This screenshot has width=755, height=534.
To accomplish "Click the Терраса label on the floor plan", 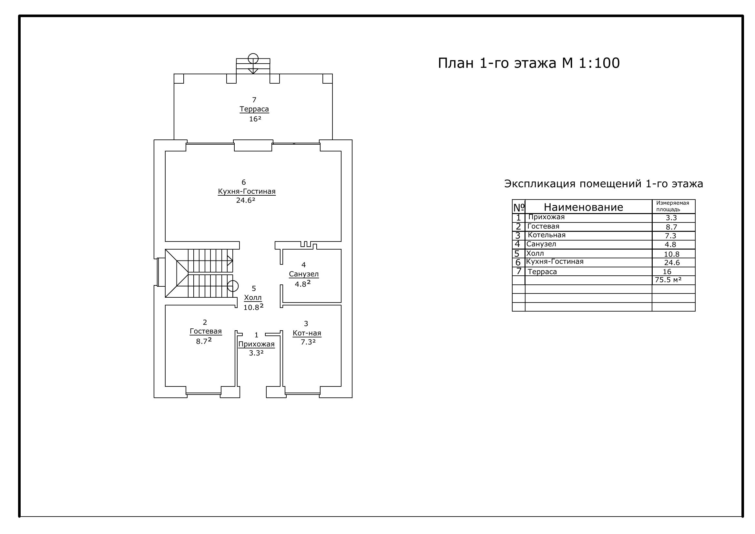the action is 254,109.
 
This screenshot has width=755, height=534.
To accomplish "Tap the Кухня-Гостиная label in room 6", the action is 247,191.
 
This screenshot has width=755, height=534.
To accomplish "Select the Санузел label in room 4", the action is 304,274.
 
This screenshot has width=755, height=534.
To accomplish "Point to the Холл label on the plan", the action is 253,298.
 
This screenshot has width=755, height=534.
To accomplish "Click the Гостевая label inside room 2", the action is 206,331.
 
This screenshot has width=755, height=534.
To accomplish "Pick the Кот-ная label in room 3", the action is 307,333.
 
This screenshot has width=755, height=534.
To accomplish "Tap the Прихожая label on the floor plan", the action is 257,344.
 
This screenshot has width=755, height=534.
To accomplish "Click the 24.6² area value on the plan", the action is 246,200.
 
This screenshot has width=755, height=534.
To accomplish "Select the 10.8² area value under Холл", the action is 253,307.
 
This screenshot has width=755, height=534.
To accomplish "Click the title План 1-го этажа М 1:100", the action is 529,63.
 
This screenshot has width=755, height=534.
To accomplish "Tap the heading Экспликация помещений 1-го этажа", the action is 604,183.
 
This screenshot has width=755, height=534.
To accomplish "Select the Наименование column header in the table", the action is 584,207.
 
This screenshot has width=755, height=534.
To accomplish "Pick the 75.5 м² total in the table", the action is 668,280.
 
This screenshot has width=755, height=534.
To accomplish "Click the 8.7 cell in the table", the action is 671,227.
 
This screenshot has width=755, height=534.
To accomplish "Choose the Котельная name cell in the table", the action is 546,235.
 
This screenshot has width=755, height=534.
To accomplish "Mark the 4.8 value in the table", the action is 670,244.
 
